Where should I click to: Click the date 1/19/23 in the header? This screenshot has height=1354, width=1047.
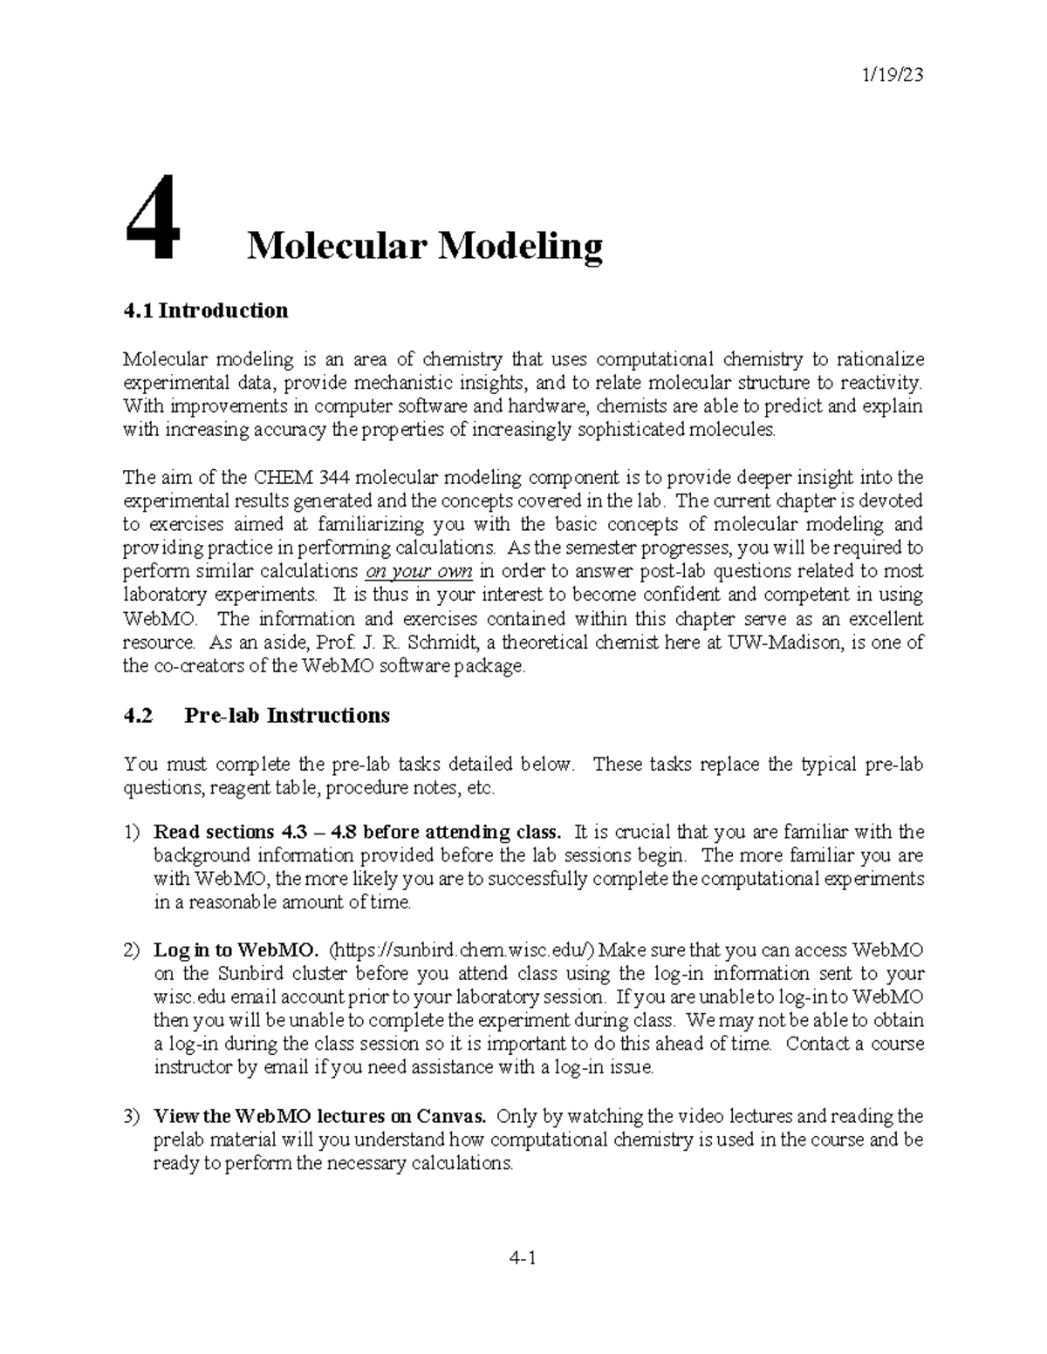892,75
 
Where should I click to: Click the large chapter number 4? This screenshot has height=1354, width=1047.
154,219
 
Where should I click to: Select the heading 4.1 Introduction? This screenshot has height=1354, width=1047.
205,310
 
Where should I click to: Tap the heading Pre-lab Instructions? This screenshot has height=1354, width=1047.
287,716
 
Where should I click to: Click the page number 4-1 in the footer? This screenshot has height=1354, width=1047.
523,1258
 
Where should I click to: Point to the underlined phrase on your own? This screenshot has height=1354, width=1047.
418,572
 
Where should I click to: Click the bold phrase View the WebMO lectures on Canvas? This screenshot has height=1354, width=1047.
321,1116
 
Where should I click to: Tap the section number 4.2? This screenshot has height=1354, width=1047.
138,716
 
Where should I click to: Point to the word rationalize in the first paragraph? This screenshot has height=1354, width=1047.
879,359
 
